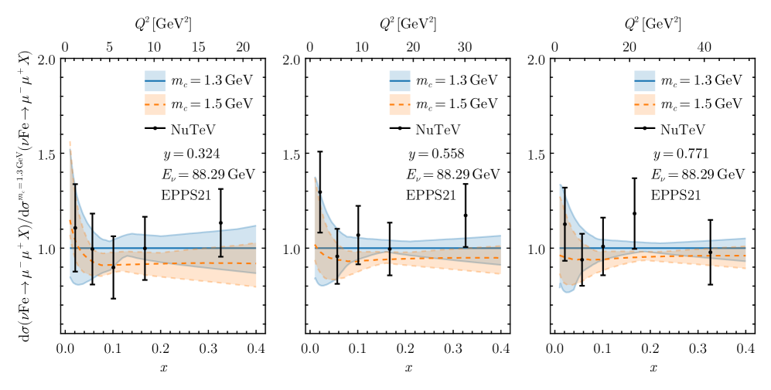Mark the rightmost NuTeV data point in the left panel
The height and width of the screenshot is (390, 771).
point(221,222)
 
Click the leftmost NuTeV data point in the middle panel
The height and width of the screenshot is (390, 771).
point(319,192)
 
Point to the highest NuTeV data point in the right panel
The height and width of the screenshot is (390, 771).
point(634,213)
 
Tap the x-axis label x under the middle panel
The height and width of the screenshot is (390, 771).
point(408,367)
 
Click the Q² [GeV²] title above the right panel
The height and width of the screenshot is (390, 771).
point(653,24)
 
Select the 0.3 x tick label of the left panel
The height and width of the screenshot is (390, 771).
point(208,348)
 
